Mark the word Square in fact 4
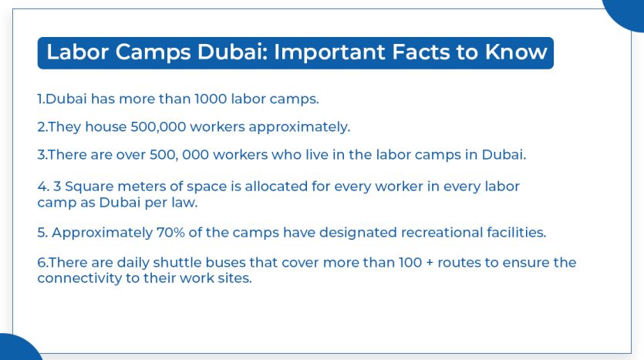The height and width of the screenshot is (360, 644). point(91,187)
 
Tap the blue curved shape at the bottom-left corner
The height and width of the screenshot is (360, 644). point(17,348)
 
